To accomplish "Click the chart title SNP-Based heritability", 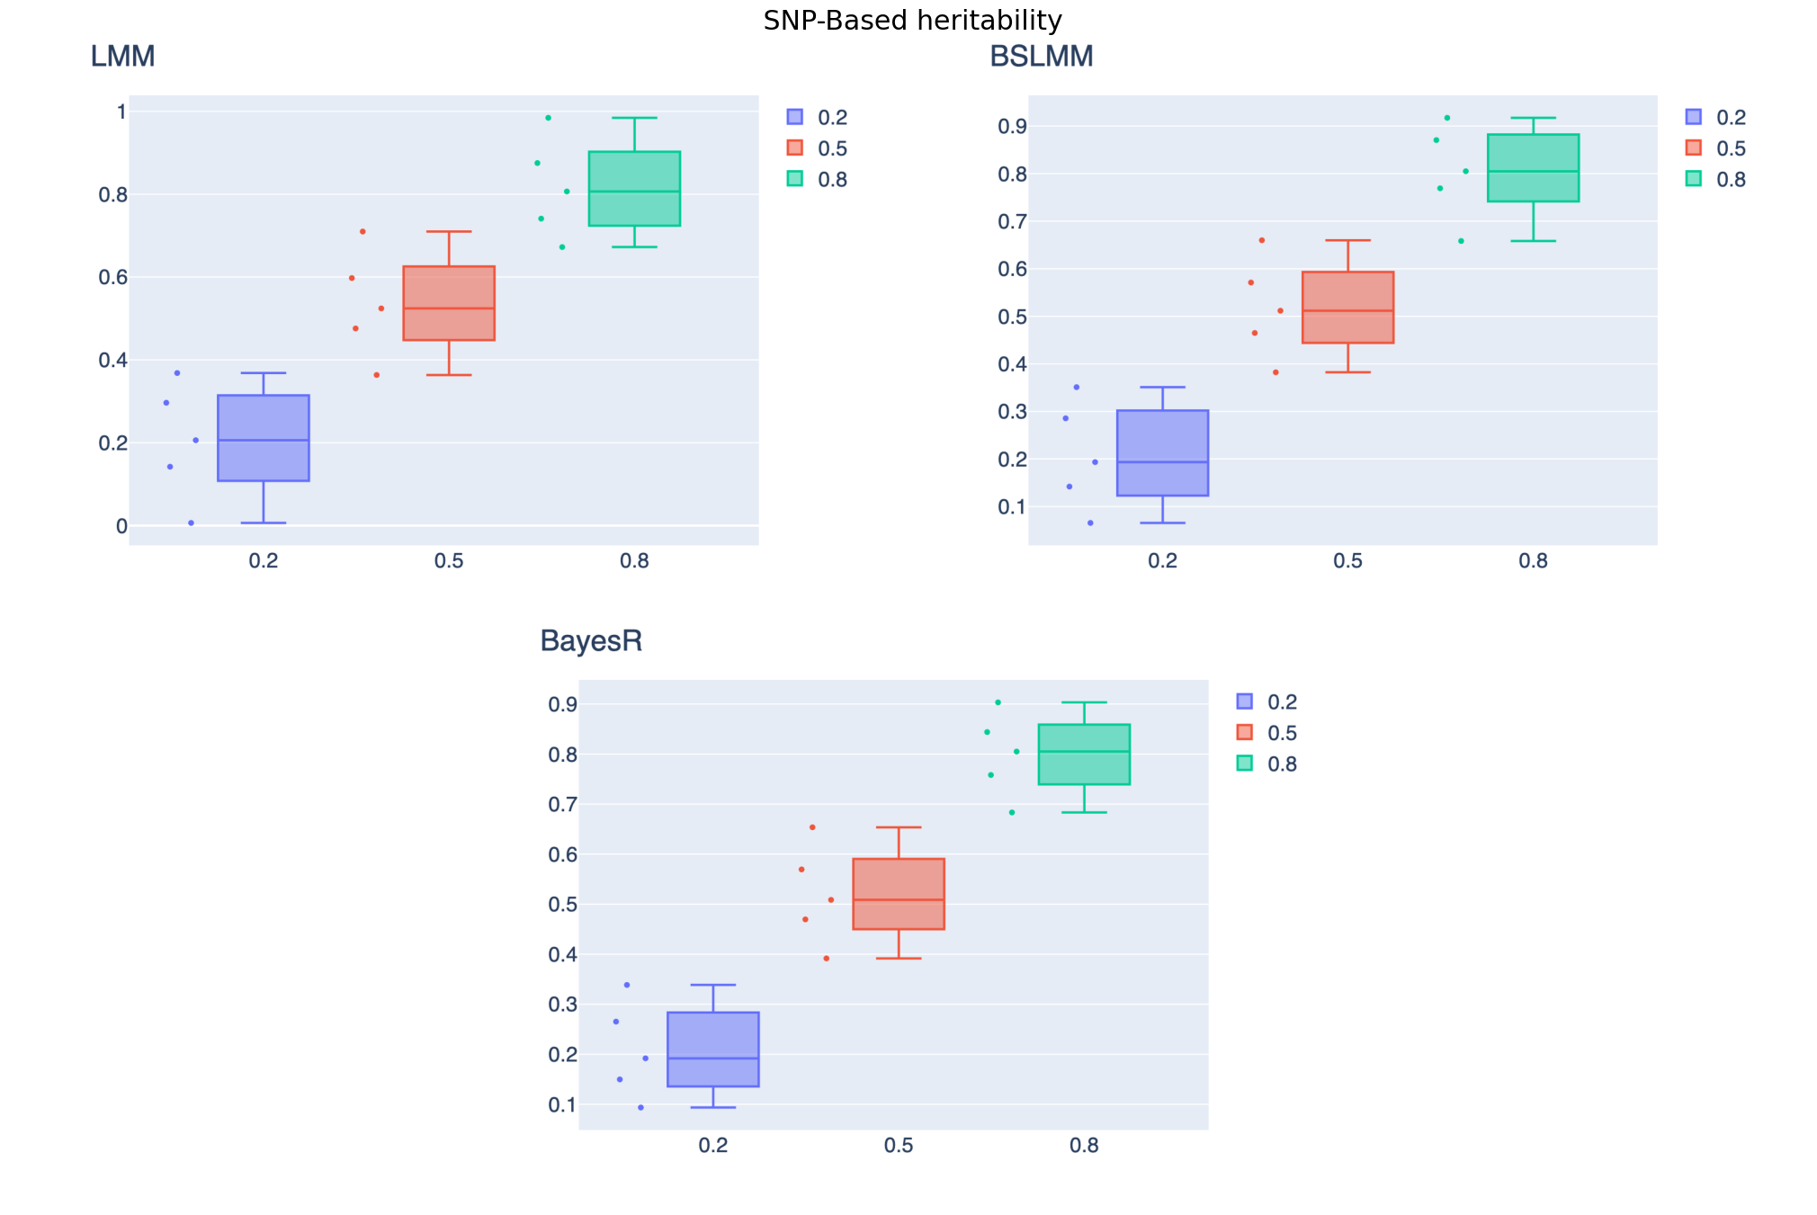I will (912, 20).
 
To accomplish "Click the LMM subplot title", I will (123, 57).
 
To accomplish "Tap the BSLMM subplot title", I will (1041, 57).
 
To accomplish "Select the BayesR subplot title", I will (591, 641).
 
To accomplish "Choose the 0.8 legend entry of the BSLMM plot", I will (1716, 179).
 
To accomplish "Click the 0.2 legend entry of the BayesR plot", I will (1267, 701).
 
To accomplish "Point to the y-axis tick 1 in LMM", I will (121, 112).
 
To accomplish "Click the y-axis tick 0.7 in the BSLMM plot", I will (1012, 221).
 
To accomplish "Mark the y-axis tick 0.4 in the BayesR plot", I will (562, 954).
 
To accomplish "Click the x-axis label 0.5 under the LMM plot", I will (449, 561).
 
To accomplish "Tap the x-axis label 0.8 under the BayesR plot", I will (1084, 1146).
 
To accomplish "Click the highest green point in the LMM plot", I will (548, 118).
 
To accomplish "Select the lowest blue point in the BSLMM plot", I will (1090, 523).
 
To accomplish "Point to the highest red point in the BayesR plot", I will (812, 827).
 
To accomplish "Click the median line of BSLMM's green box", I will (1533, 171).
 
